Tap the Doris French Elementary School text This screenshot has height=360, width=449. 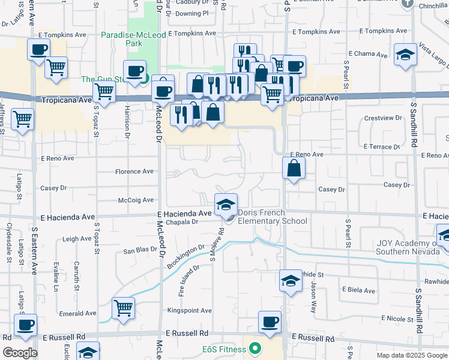click(272, 217)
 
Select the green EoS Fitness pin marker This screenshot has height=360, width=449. click(255, 348)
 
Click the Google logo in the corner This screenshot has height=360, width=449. click(20, 353)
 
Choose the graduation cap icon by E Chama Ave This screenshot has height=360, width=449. click(405, 54)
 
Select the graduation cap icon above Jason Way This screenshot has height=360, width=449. click(290, 280)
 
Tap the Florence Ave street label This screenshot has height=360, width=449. click(134, 172)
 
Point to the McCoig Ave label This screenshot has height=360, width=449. click(136, 200)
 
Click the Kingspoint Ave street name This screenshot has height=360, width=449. click(190, 311)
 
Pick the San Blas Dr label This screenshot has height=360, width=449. click(140, 251)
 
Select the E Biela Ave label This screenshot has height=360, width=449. click(358, 291)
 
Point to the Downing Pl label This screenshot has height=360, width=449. click(192, 13)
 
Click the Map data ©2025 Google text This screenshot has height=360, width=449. click(411, 355)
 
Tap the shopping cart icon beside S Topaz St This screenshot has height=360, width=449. click(104, 92)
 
